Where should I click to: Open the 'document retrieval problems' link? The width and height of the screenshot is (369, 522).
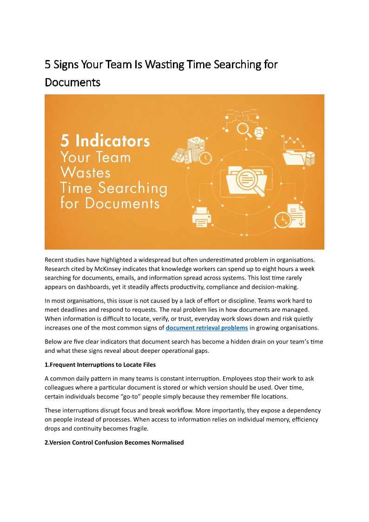click(207, 328)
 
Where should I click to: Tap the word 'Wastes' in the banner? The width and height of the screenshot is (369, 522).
click(86, 172)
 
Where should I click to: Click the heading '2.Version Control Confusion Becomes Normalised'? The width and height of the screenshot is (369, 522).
click(114, 443)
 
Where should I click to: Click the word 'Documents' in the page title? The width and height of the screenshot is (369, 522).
click(72, 82)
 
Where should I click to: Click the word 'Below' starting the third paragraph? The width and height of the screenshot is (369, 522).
click(53, 342)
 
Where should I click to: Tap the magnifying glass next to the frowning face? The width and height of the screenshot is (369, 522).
click(243, 128)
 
